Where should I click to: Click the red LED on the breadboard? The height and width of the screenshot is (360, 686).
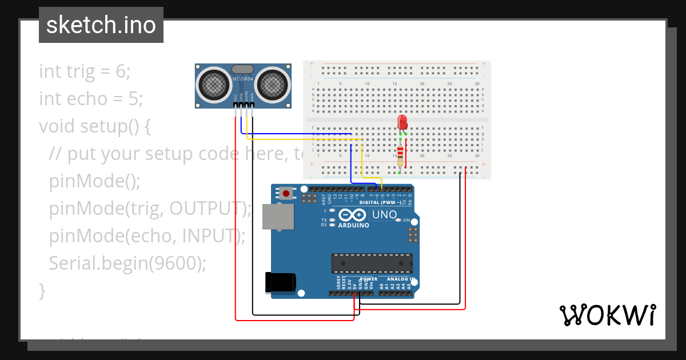402,122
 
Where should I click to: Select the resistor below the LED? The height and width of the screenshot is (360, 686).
400,153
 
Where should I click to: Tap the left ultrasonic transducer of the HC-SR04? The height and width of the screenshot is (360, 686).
214,85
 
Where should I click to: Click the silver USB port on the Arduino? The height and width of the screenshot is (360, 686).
278,217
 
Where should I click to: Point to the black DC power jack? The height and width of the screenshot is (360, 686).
281,283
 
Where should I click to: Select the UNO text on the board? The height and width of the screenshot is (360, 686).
385,215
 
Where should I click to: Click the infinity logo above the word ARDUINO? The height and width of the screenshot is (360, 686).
353,215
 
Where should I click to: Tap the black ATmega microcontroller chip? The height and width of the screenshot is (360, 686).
372,263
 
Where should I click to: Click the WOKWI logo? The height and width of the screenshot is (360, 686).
607,315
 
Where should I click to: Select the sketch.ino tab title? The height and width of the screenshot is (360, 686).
101,25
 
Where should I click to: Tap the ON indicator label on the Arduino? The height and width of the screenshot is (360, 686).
406,220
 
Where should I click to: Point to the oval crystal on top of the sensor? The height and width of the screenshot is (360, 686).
242,69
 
